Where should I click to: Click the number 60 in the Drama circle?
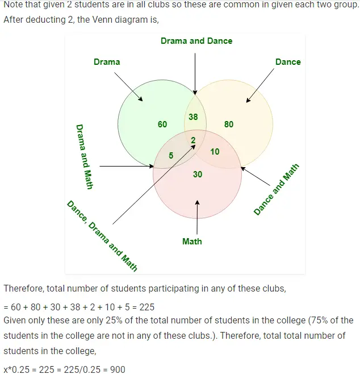tap(162, 124)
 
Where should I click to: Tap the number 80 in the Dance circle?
tap(228, 124)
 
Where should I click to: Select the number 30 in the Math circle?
tap(197, 174)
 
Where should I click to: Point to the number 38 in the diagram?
tap(192, 117)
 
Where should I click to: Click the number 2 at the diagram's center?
tap(192, 140)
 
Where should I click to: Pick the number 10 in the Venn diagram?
tap(214, 152)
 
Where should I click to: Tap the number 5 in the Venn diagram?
tap(171, 155)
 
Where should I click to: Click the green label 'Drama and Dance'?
tap(196, 41)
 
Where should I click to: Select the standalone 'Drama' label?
tap(107, 62)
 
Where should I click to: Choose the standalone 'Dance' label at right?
tap(288, 62)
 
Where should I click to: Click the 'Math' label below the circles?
tap(192, 241)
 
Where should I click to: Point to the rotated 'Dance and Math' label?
tap(276, 189)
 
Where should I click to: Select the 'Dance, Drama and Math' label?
tap(102, 235)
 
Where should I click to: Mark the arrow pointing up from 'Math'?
tap(197, 216)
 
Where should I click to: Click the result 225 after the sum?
tap(146, 307)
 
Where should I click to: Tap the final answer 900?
tap(118, 369)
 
